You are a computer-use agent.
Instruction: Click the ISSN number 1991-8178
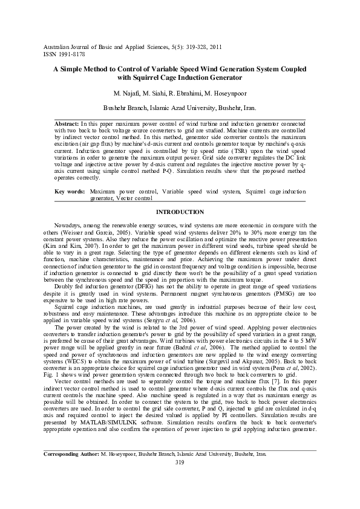pyautogui.click(x=73, y=53)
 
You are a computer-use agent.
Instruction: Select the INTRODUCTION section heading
pyautogui.click(x=180, y=212)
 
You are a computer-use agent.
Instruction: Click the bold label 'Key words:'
pyautogui.click(x=68, y=191)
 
